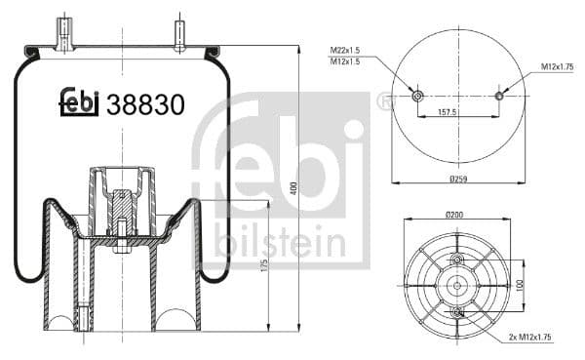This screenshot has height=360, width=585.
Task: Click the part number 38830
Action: coord(145,104)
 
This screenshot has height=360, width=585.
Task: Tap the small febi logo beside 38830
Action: coord(80,102)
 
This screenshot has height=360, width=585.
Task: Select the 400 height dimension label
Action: coord(293,187)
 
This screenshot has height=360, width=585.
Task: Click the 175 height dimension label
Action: coord(264,269)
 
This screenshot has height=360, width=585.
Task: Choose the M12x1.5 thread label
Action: coord(345,60)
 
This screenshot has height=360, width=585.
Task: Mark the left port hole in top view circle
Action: coord(417,96)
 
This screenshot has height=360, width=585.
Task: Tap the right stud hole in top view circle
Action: coord(499,96)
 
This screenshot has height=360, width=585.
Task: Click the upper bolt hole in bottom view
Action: coord(457,260)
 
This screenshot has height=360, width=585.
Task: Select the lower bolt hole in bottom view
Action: coord(457,310)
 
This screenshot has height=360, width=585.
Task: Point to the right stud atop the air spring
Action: coord(180,33)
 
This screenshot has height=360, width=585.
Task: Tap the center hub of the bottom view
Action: coord(457,285)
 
